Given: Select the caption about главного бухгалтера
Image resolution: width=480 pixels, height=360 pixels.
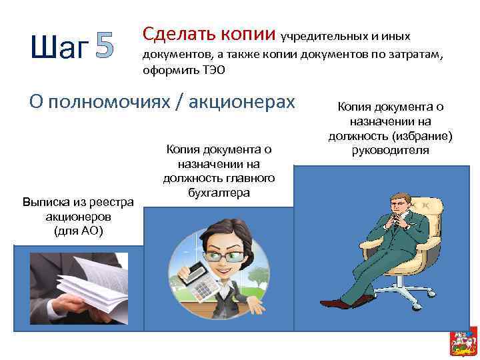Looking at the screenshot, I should [219, 170].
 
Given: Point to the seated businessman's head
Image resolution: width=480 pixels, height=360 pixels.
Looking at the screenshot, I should [399, 203].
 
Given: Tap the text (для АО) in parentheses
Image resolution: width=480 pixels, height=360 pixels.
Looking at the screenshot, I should [78, 231].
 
